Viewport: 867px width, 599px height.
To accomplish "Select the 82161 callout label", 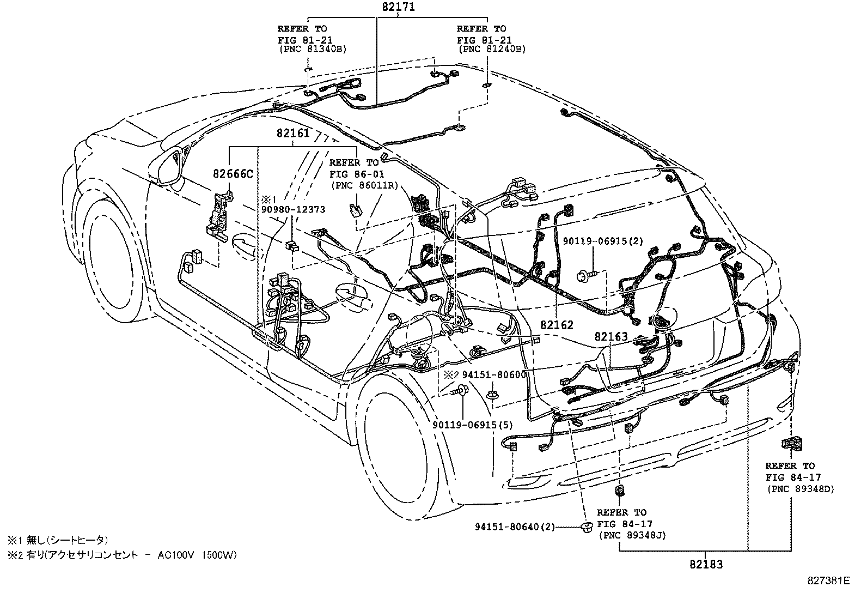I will [292, 134].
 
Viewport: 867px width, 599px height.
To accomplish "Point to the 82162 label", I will [557, 325].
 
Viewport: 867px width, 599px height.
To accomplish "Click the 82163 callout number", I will [611, 337].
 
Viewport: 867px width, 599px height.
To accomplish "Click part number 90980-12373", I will [293, 209].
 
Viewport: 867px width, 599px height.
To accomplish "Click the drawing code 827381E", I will [828, 581].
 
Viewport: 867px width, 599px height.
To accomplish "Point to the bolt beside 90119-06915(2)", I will [588, 276].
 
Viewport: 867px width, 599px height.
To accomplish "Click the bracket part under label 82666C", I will [219, 216].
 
